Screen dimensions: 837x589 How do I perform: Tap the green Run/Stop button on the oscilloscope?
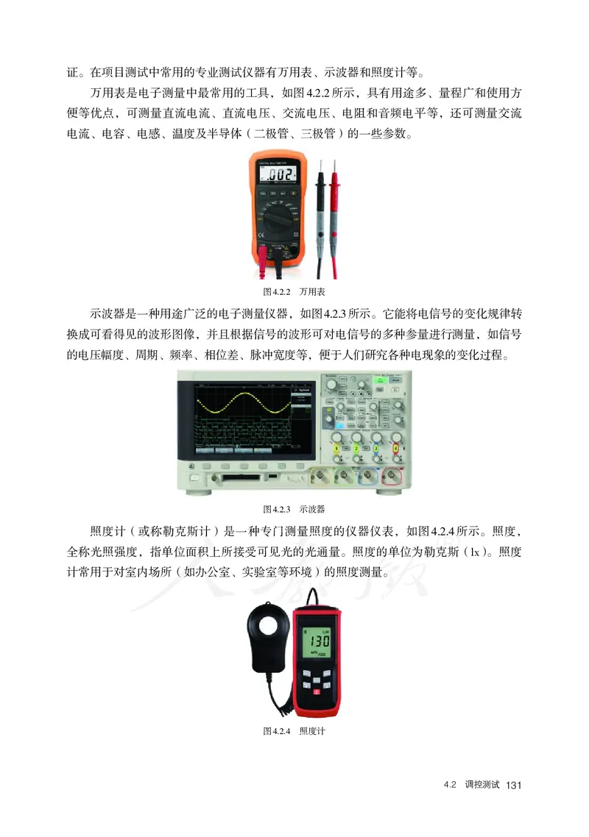[381, 380]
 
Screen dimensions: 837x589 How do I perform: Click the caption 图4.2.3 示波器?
[294, 508]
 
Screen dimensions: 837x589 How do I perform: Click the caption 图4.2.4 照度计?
[294, 731]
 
